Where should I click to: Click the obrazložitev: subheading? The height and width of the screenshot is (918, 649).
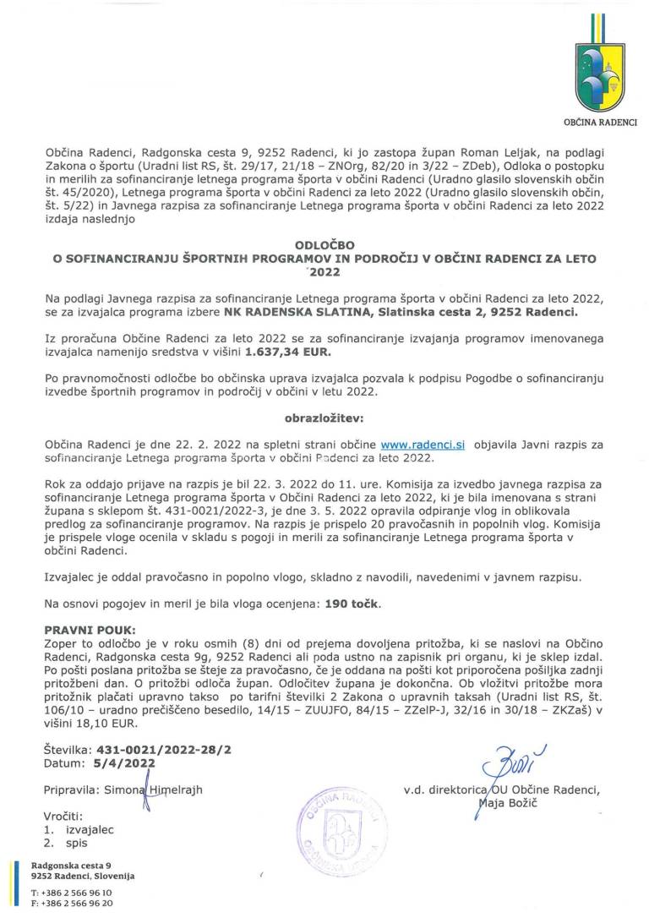click(x=324, y=418)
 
